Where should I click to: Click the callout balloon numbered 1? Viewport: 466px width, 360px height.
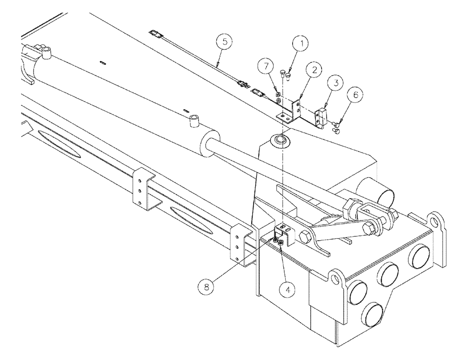click(301, 45)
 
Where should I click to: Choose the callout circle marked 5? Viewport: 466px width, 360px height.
click(225, 42)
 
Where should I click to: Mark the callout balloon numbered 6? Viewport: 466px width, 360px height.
click(355, 95)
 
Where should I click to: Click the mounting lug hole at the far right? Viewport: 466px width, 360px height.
click(437, 219)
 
